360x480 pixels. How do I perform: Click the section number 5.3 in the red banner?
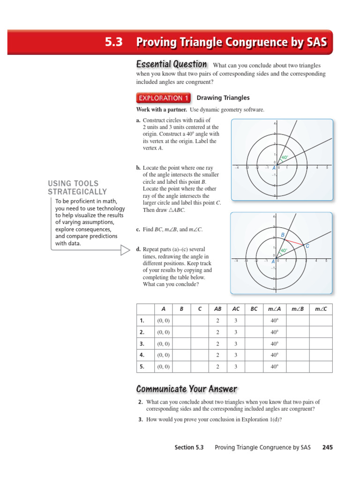pyautogui.click(x=115, y=42)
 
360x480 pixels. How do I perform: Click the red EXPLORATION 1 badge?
pyautogui.click(x=163, y=98)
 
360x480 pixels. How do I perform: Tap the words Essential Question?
pyautogui.click(x=171, y=64)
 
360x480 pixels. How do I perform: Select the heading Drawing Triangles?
pyautogui.click(x=223, y=98)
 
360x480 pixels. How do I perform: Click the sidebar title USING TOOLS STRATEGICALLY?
pyautogui.click(x=77, y=187)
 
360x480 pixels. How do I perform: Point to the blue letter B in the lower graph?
pyautogui.click(x=283, y=234)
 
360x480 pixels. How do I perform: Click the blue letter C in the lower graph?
pyautogui.click(x=307, y=246)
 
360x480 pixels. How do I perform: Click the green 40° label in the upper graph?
pyautogui.click(x=285, y=157)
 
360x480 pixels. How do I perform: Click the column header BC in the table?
pyautogui.click(x=254, y=309)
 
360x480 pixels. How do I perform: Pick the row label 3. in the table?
pyautogui.click(x=141, y=344)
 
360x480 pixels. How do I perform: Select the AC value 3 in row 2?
pyautogui.click(x=236, y=332)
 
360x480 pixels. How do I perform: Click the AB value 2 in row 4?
pyautogui.click(x=217, y=355)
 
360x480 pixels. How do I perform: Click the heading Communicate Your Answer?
pyautogui.click(x=187, y=389)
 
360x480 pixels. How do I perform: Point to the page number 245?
pyautogui.click(x=327, y=448)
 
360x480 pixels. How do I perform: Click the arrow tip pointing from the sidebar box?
pyautogui.click(x=129, y=250)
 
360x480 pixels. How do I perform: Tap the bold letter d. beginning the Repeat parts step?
pyautogui.click(x=138, y=249)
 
